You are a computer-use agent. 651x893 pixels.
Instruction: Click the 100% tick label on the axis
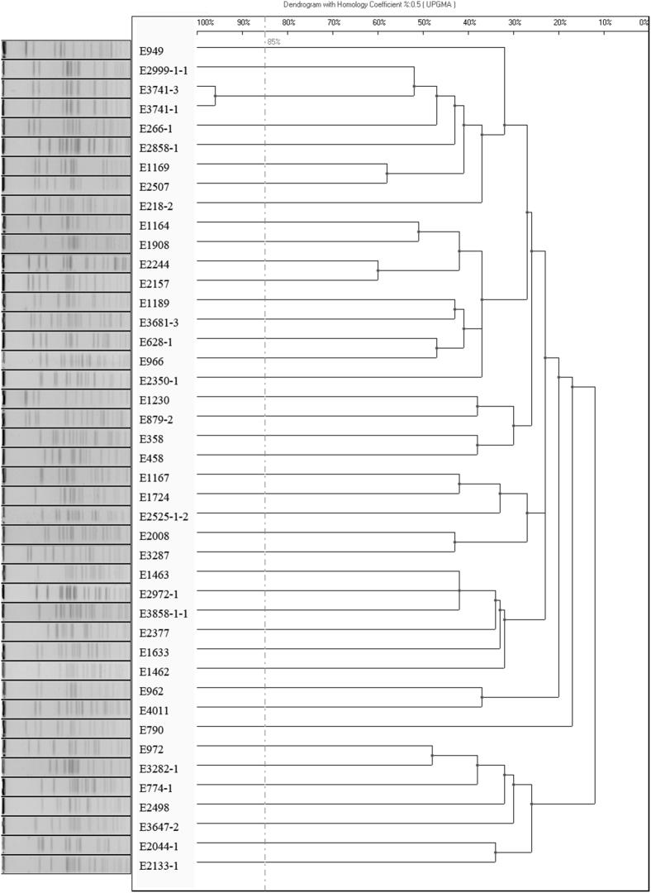coord(206,22)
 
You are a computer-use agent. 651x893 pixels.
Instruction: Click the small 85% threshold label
coord(273,41)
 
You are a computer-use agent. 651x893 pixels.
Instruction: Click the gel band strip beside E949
coord(66,51)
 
